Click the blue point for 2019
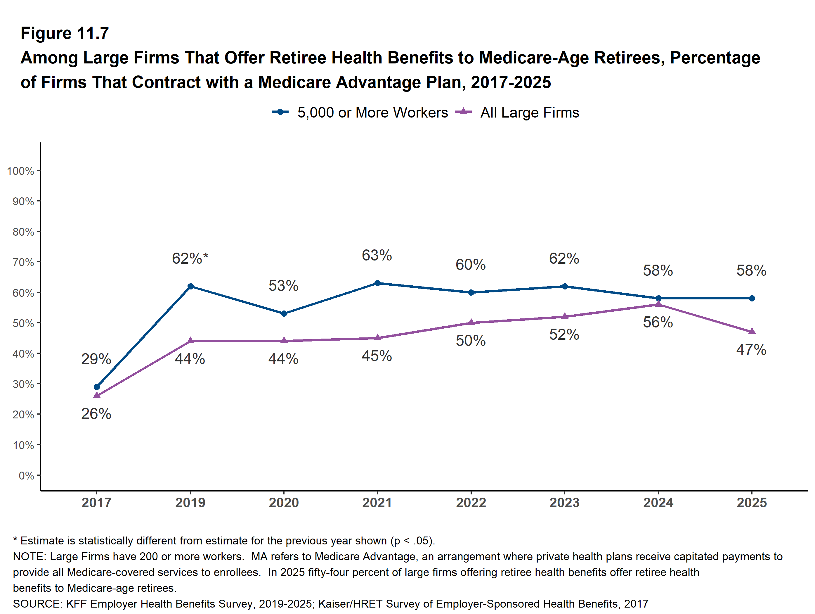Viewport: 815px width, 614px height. (x=190, y=287)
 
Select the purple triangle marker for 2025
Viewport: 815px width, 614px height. (x=752, y=332)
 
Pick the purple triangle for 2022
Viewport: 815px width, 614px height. (x=471, y=322)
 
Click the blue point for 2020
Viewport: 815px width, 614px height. (x=284, y=314)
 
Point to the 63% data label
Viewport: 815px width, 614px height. (x=377, y=255)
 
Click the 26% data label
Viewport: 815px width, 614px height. (x=96, y=414)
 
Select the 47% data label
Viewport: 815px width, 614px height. (x=751, y=350)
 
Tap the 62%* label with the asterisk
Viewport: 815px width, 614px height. (x=190, y=258)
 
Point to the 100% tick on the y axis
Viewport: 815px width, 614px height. (x=21, y=171)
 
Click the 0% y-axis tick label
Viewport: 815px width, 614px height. (x=26, y=476)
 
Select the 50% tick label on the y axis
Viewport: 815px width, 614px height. (x=23, y=323)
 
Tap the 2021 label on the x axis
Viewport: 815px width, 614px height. (x=377, y=503)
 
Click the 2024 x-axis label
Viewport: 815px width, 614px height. (x=658, y=503)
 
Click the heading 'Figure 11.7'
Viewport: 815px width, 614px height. (x=65, y=33)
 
